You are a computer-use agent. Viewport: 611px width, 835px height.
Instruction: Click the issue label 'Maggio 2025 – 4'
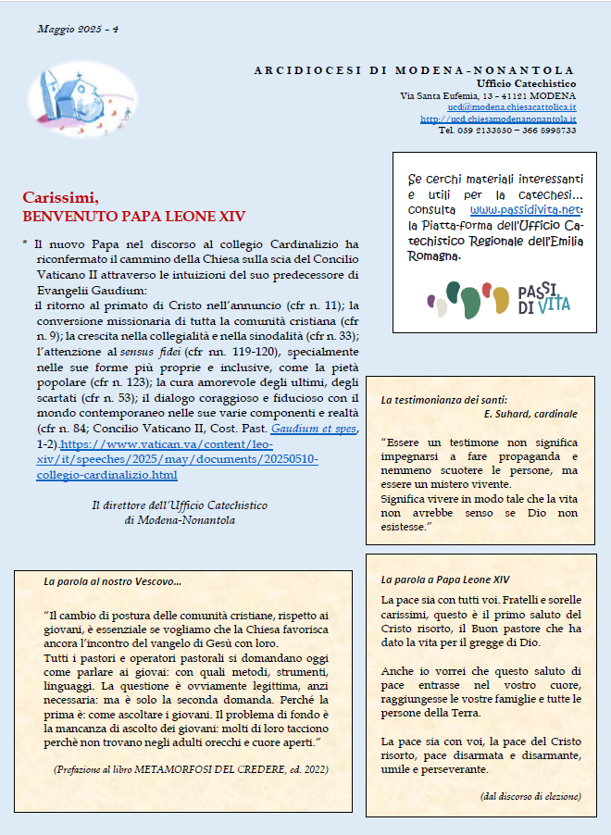[x=78, y=30]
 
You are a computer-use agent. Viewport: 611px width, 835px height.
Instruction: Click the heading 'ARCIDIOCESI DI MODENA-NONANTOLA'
[x=414, y=70]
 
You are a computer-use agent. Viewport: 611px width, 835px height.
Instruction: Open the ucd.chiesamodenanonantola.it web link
[x=498, y=119]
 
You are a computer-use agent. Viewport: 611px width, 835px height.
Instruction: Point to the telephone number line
[x=506, y=131]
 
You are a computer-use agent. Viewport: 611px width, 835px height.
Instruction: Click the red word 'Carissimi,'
[x=60, y=198]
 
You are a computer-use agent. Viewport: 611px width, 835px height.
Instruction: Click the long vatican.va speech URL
[x=176, y=460]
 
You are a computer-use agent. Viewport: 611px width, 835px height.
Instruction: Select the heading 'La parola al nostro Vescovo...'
[x=113, y=581]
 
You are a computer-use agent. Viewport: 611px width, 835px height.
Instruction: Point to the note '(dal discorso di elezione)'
[x=530, y=796]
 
